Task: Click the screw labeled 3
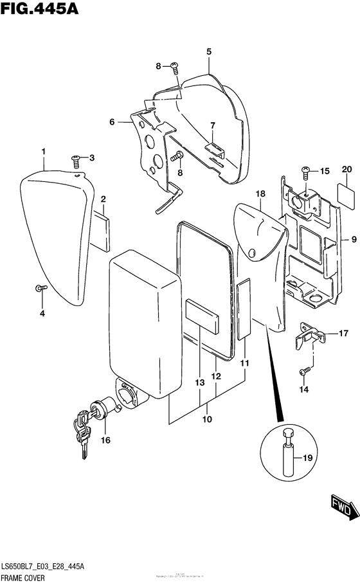pos(75,157)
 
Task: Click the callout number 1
pos(43,151)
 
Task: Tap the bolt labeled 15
pos(305,171)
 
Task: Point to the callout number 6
pos(112,122)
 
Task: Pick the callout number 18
pos(260,194)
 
